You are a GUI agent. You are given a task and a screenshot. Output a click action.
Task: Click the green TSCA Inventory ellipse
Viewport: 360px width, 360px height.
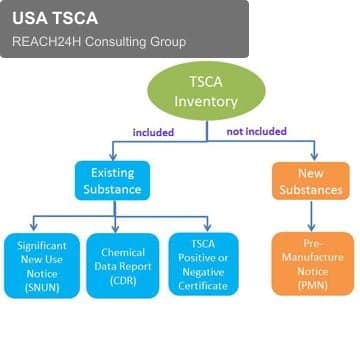pos(206,91)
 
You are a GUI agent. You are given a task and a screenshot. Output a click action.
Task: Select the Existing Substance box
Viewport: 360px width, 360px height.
pos(112,181)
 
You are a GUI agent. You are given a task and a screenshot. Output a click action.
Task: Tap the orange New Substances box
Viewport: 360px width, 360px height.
pos(311,181)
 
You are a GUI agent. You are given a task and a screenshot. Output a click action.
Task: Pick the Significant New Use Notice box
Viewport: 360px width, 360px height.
pos(42,266)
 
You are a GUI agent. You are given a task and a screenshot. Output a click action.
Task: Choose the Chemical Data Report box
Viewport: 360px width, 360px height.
pos(123,266)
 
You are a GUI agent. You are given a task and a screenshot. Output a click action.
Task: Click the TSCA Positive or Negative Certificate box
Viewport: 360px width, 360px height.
pos(203,264)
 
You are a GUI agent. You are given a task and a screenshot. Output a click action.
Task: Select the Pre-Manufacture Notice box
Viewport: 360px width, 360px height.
pos(313,264)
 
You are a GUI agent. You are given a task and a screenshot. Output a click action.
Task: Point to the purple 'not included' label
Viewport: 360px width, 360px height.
pos(256,131)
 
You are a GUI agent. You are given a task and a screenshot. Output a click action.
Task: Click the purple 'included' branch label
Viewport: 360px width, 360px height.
pos(153,132)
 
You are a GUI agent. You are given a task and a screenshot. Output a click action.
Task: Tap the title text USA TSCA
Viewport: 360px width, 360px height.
pos(55,18)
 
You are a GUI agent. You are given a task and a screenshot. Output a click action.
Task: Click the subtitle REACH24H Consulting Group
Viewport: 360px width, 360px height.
pos(99,42)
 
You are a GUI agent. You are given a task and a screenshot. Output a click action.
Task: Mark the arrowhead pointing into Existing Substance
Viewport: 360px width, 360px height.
pos(113,156)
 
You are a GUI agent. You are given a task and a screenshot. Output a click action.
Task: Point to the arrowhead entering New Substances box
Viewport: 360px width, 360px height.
pos(314,156)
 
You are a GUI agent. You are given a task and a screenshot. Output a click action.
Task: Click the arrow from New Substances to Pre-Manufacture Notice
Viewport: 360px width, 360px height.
pos(311,216)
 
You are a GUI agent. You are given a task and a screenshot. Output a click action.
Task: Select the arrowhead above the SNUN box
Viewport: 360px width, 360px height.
pos(33,227)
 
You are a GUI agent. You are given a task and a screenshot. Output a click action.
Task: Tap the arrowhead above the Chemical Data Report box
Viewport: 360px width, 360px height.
pos(115,228)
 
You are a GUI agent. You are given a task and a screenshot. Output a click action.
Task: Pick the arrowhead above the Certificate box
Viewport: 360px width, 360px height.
pos(207,227)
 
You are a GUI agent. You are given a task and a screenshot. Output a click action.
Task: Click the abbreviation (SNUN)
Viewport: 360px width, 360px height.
pos(42,288)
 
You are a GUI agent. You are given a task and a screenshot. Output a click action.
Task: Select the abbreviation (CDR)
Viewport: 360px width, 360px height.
pos(123,281)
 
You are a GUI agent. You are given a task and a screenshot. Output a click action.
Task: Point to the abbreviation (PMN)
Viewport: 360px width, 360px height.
pos(312,286)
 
